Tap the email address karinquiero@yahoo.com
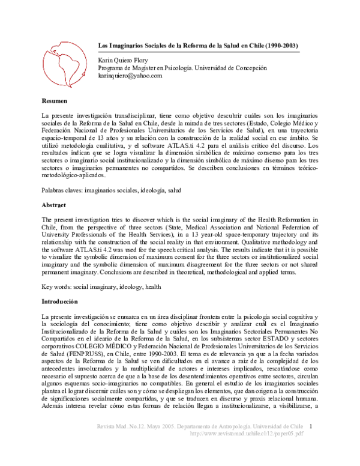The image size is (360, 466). pyautogui.click(x=130, y=76)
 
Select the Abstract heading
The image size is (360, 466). pyautogui.click(x=53, y=205)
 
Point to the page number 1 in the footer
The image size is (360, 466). pyautogui.click(x=319, y=443)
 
